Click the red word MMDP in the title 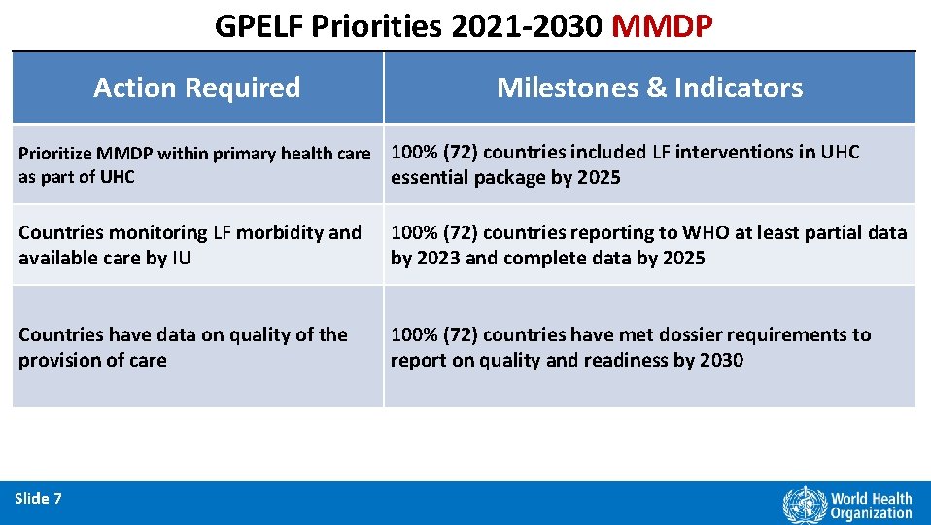[664, 25]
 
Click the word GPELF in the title [259, 25]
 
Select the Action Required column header [197, 87]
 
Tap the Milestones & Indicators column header [649, 87]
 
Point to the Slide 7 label [39, 499]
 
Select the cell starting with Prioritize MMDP [194, 164]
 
